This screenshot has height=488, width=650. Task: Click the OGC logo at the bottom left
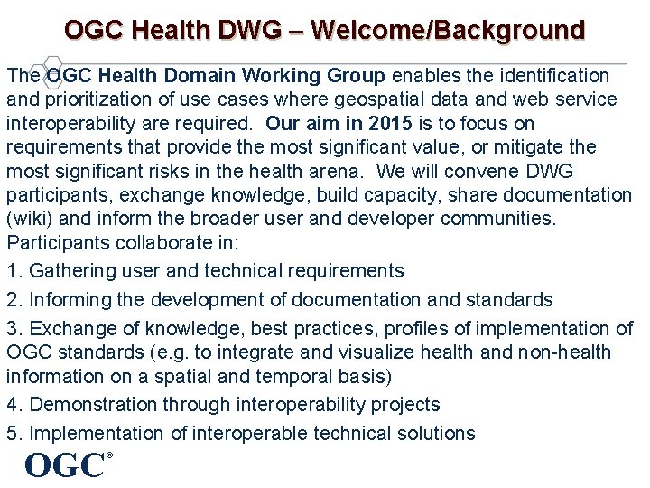click(x=64, y=465)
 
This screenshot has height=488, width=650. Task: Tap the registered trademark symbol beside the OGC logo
click(x=109, y=455)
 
